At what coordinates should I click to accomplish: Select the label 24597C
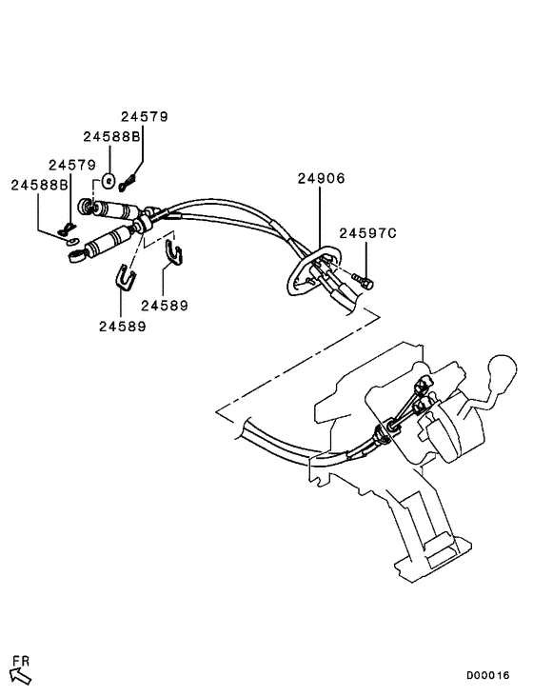click(x=366, y=232)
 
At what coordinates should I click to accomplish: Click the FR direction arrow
click(x=20, y=675)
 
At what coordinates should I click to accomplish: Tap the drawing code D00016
click(x=487, y=675)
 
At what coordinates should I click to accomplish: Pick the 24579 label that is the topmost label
click(x=144, y=116)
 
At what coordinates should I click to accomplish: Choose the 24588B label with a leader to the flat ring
click(x=39, y=184)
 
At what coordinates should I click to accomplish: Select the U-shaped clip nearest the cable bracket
click(x=174, y=250)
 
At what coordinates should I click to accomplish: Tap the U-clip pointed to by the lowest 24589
click(x=126, y=276)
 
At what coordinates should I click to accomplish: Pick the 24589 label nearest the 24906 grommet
click(x=164, y=307)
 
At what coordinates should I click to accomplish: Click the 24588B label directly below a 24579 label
click(x=111, y=137)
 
